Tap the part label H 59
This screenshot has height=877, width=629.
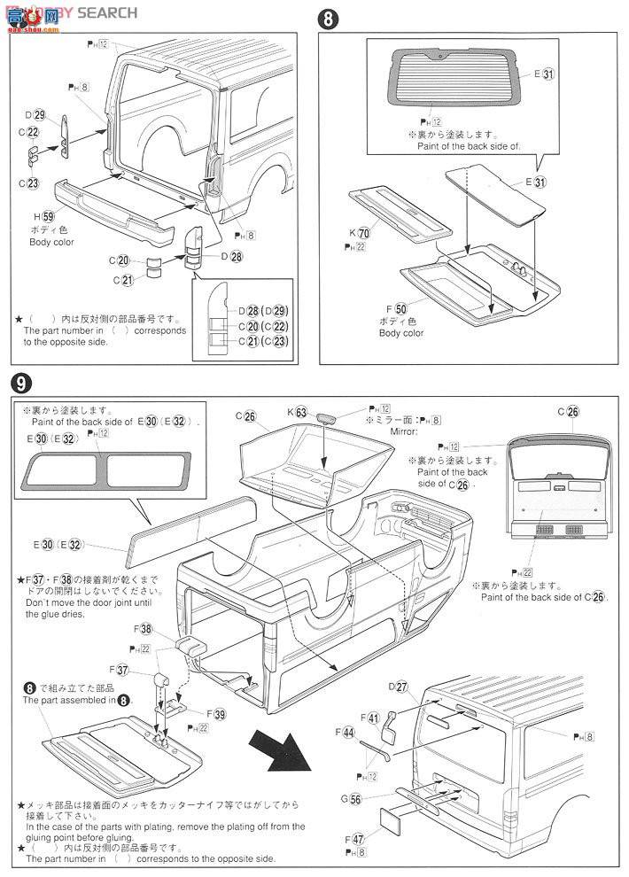39,216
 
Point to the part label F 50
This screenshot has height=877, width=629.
395,308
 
